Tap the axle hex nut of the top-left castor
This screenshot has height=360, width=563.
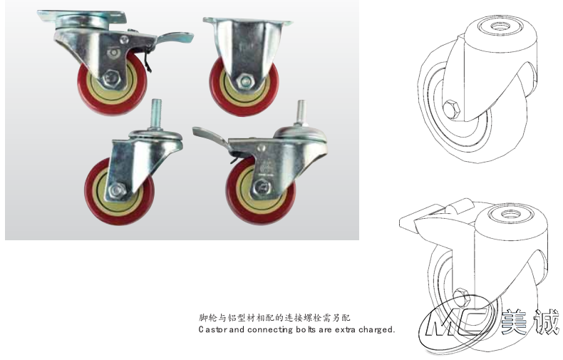(x=112, y=78)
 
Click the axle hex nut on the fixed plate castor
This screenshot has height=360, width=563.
(x=244, y=81)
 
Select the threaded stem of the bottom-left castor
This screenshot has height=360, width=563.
(x=156, y=113)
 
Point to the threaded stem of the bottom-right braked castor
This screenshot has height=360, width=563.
(x=301, y=112)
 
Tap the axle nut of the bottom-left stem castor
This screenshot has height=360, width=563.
(x=117, y=190)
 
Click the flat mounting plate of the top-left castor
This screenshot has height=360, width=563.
(x=82, y=16)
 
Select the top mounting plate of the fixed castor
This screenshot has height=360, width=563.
(x=248, y=21)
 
